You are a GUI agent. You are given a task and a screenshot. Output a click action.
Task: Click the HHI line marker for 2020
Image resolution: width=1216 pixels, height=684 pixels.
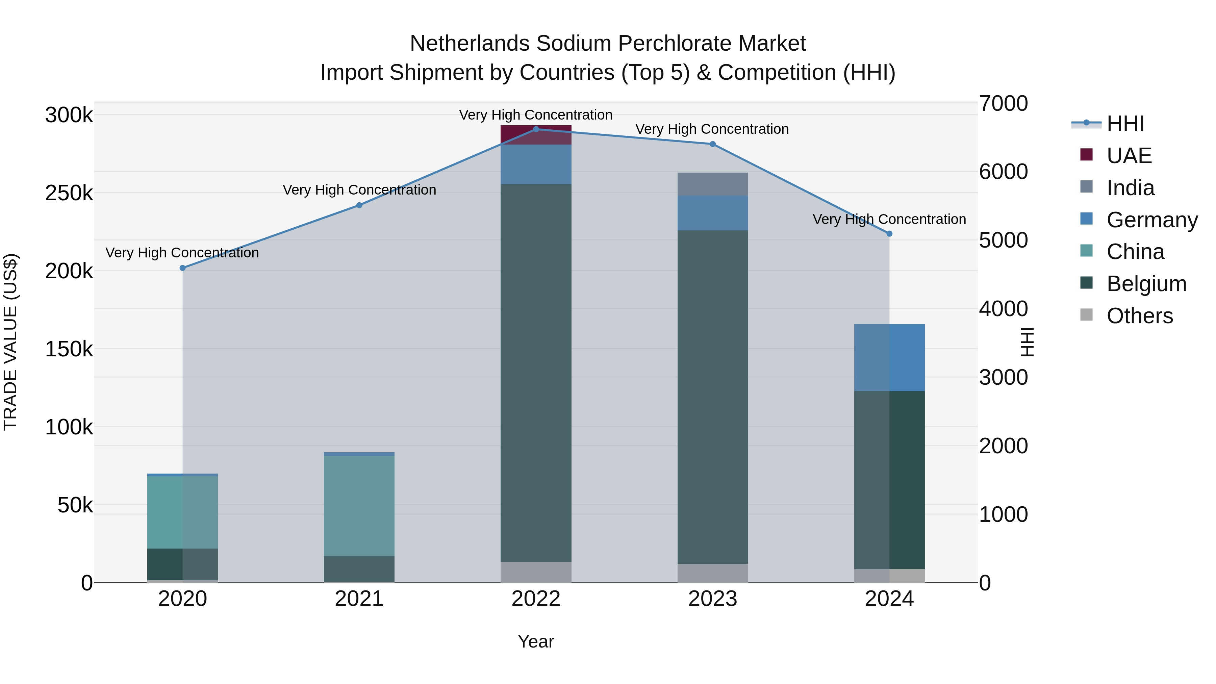[183, 268]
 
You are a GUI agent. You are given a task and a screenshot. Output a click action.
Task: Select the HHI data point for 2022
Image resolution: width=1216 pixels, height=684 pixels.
[536, 129]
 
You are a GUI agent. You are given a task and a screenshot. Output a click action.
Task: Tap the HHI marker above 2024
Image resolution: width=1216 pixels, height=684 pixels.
[889, 234]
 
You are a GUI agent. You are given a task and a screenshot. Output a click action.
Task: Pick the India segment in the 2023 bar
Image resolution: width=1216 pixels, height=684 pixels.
[712, 184]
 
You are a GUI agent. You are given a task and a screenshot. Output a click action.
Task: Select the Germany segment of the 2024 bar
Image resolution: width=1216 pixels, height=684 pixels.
[889, 358]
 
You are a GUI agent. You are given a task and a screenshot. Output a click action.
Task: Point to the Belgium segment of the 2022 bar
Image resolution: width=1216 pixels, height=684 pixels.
[536, 373]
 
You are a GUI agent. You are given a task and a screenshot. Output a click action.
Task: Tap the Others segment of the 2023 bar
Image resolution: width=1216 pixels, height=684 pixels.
[712, 573]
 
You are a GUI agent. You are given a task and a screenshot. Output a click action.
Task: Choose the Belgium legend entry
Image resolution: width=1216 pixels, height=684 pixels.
[1146, 284]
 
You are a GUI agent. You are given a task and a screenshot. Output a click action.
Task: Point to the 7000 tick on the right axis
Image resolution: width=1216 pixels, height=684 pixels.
[1003, 103]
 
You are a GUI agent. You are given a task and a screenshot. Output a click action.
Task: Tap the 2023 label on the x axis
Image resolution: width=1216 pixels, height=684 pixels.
[712, 599]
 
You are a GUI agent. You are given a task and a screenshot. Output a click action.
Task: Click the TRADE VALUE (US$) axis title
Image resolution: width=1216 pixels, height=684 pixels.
[10, 342]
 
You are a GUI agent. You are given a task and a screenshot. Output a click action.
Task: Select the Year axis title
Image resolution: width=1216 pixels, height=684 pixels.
[536, 641]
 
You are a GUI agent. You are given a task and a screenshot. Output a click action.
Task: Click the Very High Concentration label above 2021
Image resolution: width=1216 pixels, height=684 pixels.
[359, 190]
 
